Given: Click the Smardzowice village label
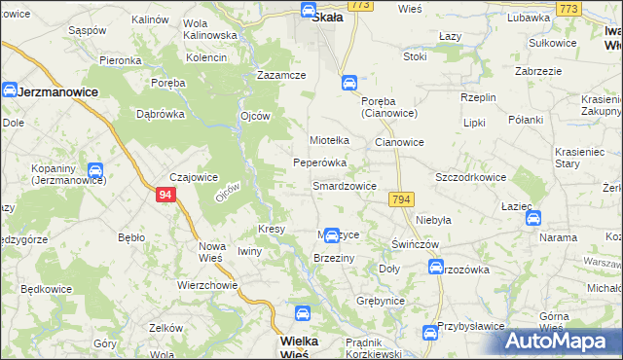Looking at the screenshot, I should [x=344, y=185].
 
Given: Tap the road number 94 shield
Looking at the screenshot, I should [x=165, y=196].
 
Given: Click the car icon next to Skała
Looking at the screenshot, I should [x=308, y=12].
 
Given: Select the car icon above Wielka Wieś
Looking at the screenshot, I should [x=302, y=313].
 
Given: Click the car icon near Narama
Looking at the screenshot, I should [x=533, y=218].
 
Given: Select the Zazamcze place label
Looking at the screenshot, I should [x=281, y=75].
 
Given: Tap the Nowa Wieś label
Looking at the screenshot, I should [x=212, y=252].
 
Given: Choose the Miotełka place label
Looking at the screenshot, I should [x=329, y=140].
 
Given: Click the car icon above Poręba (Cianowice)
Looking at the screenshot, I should [x=348, y=84].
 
